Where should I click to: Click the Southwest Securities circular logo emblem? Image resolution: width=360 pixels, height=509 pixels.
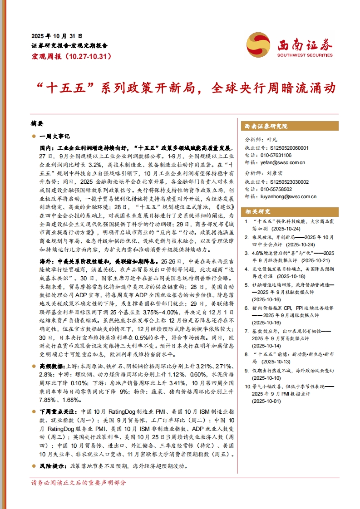258,45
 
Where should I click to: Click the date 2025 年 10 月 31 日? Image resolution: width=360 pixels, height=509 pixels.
57,36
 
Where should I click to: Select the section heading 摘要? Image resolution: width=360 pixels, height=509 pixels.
37,123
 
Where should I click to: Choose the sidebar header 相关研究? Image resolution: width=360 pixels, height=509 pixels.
258,211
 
